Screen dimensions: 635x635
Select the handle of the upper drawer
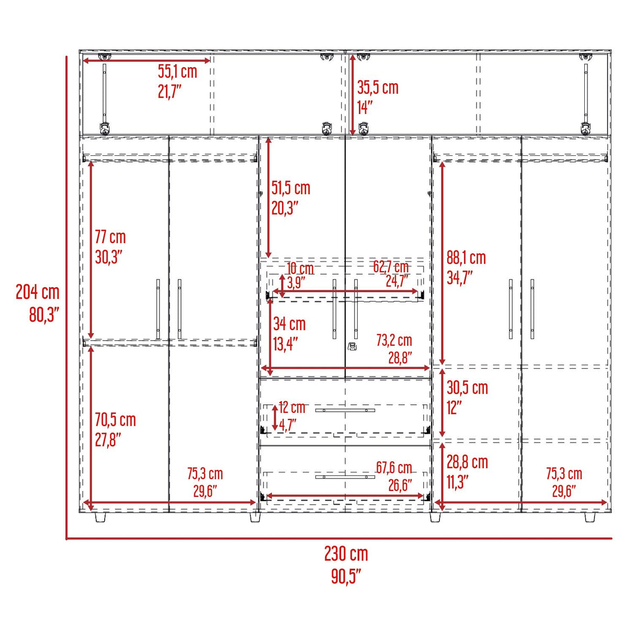tap(345, 410)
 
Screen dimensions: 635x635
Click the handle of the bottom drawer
tap(345, 477)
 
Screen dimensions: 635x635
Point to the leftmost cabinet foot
tap(101, 517)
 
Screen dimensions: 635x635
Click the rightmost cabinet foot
tap(590, 517)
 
